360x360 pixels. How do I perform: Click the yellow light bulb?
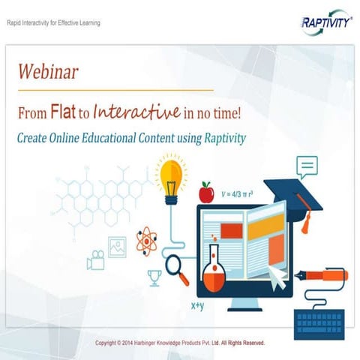coord(169,177)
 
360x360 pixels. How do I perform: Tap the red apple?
coord(205,193)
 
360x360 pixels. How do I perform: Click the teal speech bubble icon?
coord(306,166)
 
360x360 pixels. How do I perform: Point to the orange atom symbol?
coord(146,241)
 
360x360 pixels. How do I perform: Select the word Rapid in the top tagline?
coord(14,22)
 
